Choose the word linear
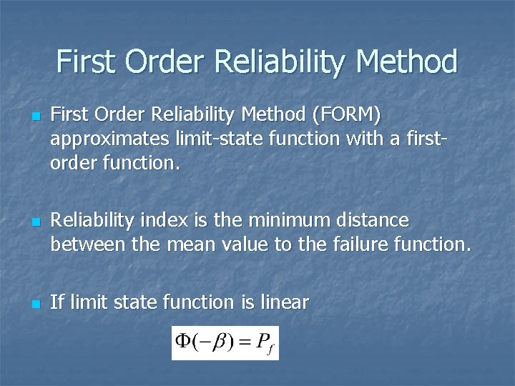click(283, 302)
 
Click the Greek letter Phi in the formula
click(184, 342)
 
